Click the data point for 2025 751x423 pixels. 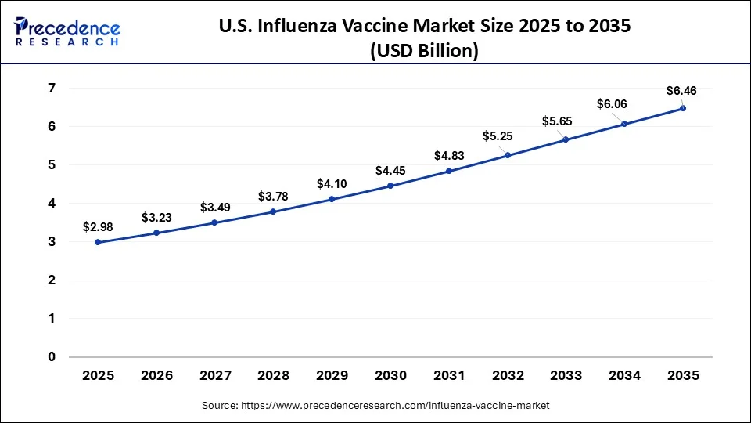click(98, 242)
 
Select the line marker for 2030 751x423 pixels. click(390, 186)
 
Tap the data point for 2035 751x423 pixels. click(683, 108)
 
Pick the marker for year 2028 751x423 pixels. click(273, 211)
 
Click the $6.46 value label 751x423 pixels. click(681, 91)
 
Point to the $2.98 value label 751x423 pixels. click(98, 226)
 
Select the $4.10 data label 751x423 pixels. click(332, 184)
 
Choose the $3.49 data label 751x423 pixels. click(215, 208)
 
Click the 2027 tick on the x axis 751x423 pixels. click(215, 376)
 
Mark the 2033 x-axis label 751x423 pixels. click(566, 376)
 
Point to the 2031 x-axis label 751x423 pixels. click(449, 376)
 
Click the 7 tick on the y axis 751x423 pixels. click(52, 89)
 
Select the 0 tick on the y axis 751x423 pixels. click(52, 357)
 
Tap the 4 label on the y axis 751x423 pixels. click(52, 204)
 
